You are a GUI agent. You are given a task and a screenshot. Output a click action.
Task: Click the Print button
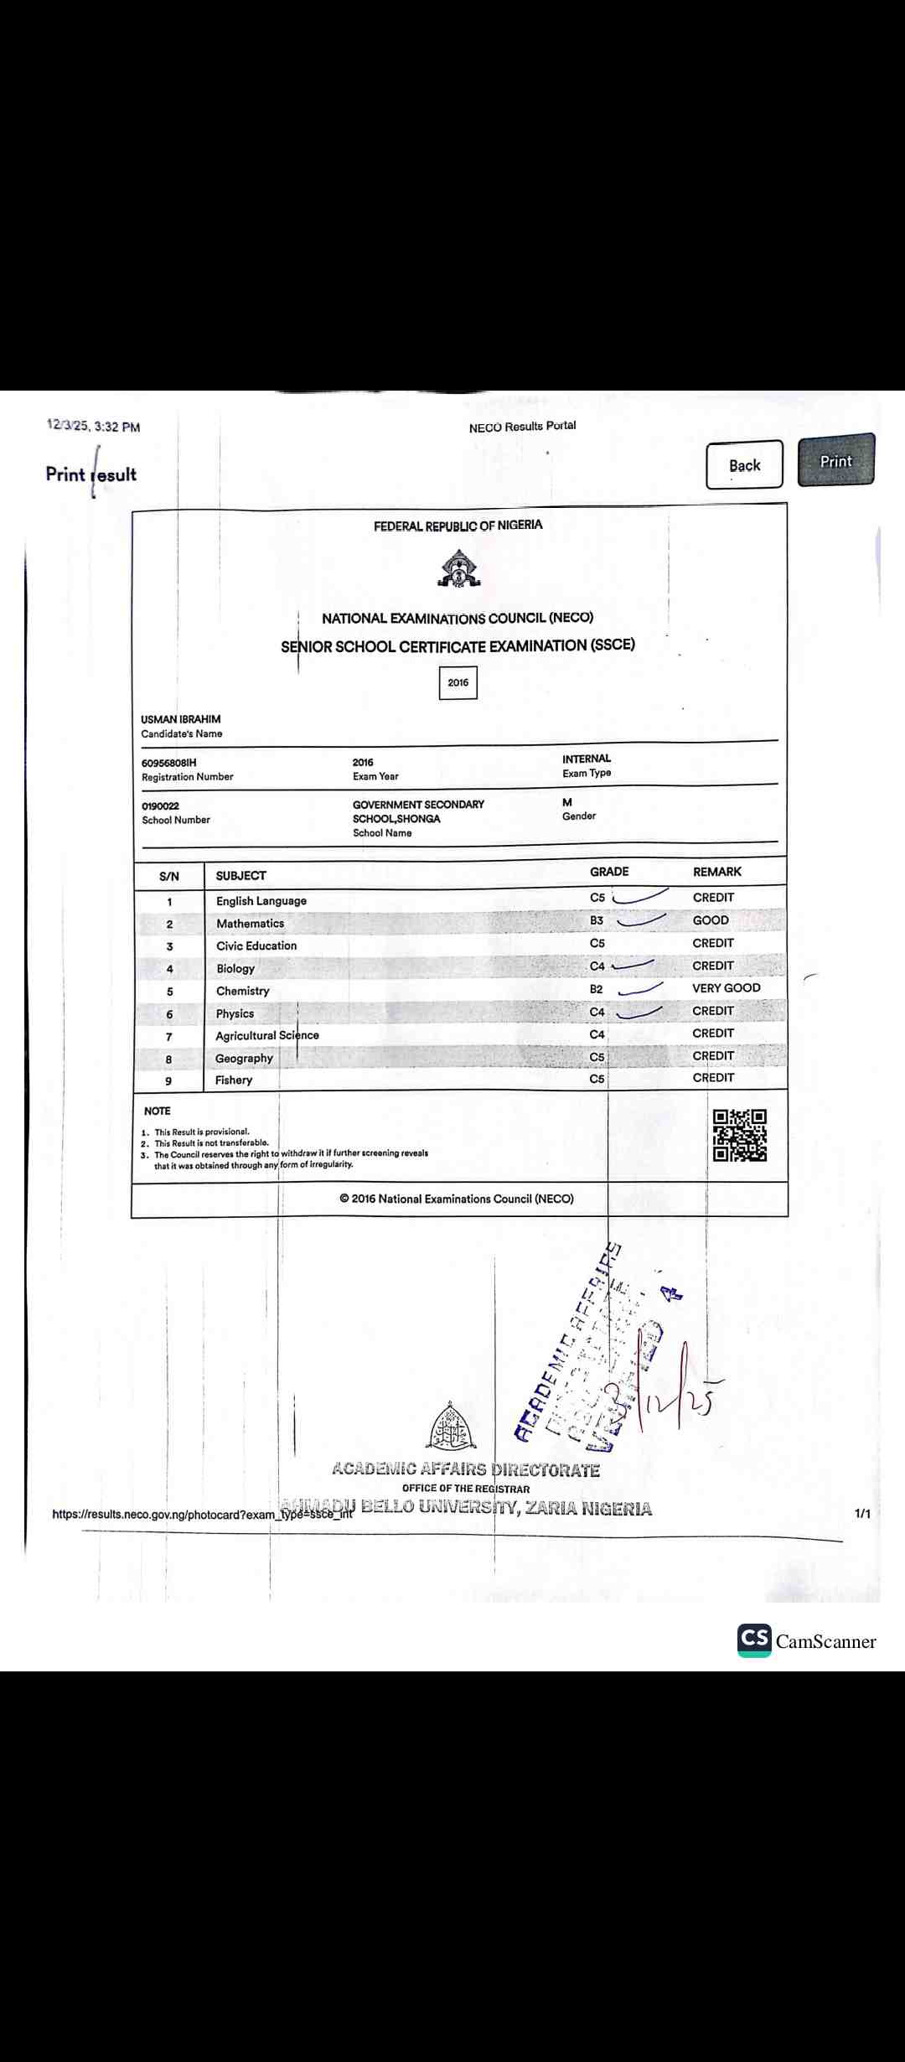point(835,460)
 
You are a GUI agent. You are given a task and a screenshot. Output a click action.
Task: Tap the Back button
point(744,465)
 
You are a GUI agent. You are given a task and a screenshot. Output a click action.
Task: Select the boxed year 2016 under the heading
point(458,682)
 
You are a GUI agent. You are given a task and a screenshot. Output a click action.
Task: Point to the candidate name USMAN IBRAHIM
point(181,719)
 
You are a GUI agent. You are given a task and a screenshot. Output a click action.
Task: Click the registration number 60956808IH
point(169,763)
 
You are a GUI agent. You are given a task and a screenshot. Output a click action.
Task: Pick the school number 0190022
point(160,806)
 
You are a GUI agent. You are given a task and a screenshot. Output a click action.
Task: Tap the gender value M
point(567,802)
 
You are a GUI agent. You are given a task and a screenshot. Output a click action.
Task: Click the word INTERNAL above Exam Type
point(587,759)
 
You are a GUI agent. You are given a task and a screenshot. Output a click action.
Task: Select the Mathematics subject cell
point(250,924)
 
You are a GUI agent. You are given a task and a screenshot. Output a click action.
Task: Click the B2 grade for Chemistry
point(596,989)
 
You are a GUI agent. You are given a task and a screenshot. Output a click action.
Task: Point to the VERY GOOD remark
point(726,988)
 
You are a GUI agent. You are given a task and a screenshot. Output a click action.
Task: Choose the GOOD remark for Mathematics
point(711,920)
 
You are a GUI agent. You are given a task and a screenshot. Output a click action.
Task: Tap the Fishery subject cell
point(233,1080)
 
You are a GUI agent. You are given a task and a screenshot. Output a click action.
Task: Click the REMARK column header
point(716,872)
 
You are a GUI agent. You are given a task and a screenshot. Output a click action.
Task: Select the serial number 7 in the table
point(169,1037)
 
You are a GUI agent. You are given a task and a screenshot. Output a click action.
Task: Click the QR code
point(739,1136)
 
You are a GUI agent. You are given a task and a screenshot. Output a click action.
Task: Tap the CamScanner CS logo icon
point(754,1640)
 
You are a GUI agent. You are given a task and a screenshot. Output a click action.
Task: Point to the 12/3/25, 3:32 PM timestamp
point(94,427)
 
